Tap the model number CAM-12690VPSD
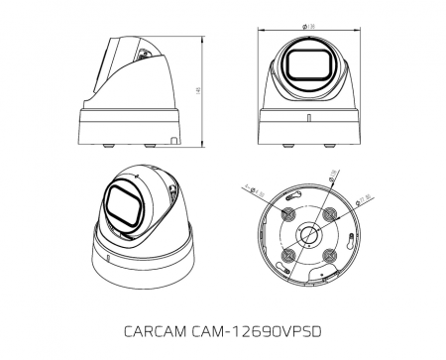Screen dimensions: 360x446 click(x=259, y=329)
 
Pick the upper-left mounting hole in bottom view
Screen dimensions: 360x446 click(x=287, y=213)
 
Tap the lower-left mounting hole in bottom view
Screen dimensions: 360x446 click(x=287, y=254)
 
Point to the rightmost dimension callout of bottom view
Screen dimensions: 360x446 click(x=365, y=202)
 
